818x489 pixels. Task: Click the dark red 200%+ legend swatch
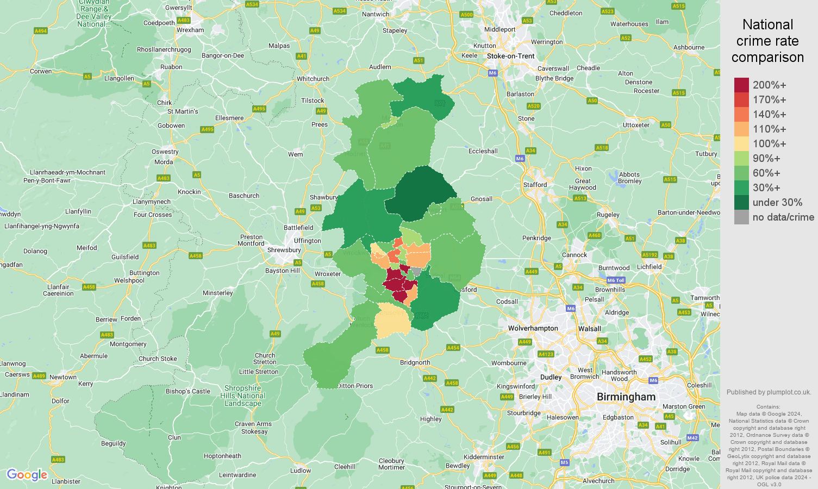pyautogui.click(x=741, y=85)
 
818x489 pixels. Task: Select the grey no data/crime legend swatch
pyautogui.click(x=741, y=217)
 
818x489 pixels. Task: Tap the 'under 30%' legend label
pyautogui.click(x=777, y=203)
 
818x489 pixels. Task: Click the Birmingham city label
pyautogui.click(x=626, y=397)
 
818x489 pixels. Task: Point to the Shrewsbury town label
pyautogui.click(x=284, y=250)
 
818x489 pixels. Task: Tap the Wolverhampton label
pyautogui.click(x=533, y=328)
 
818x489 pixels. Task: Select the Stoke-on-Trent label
pyautogui.click(x=510, y=56)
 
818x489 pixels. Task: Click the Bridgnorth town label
pyautogui.click(x=415, y=362)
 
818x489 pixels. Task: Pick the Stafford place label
pyautogui.click(x=535, y=185)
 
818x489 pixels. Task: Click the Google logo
pyautogui.click(x=27, y=475)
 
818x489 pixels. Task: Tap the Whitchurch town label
pyautogui.click(x=313, y=79)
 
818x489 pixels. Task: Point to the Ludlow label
pyautogui.click(x=301, y=471)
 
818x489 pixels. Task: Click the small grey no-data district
pyautogui.click(x=416, y=271)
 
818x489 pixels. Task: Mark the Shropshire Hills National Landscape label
pyautogui.click(x=243, y=396)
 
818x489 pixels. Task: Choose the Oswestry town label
pyautogui.click(x=165, y=152)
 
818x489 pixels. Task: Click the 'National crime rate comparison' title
pyautogui.click(x=767, y=41)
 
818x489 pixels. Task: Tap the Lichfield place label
pyautogui.click(x=649, y=267)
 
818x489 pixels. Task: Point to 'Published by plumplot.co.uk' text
pyautogui.click(x=769, y=392)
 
